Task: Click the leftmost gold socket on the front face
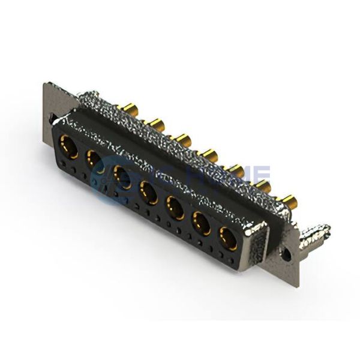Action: point(70,146)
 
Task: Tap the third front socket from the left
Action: point(122,178)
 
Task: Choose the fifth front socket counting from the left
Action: point(175,208)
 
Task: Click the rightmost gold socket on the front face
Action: point(228,238)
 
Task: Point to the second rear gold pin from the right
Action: point(263,185)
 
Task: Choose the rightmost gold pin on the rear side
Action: point(289,200)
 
